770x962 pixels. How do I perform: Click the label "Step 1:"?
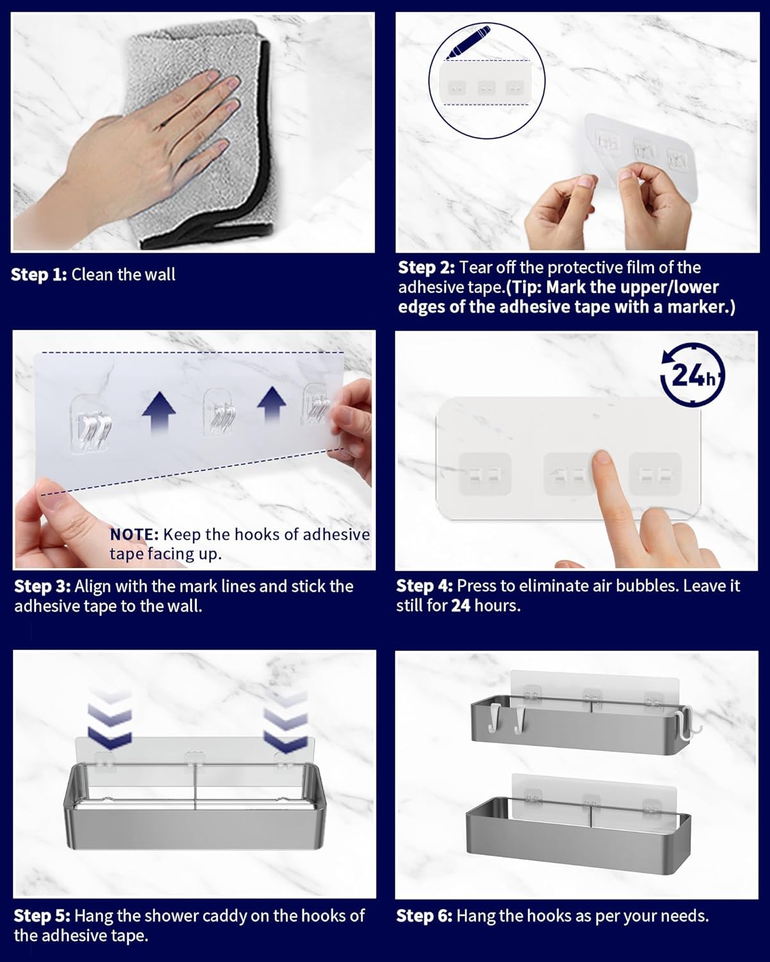[38, 274]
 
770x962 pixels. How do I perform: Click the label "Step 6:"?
[424, 916]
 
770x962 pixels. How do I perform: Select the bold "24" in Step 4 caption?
[461, 605]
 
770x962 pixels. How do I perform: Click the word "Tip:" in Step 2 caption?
[526, 287]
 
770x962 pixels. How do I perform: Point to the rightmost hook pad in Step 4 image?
[655, 475]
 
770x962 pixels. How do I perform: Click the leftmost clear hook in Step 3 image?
[92, 425]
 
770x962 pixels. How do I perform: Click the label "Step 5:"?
[42, 916]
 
